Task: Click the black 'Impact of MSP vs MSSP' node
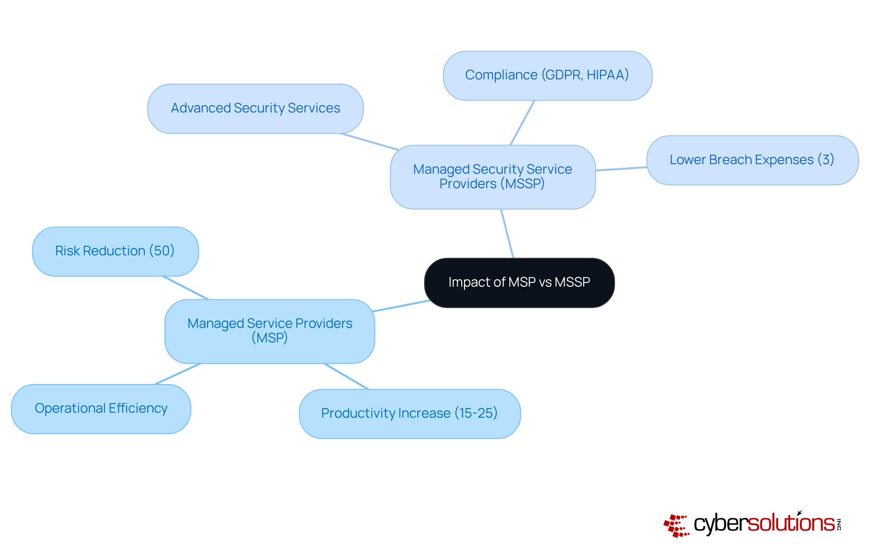click(x=519, y=283)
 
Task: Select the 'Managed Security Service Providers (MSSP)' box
click(x=493, y=177)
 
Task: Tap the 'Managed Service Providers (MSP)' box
click(x=270, y=331)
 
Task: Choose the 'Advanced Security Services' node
click(x=255, y=108)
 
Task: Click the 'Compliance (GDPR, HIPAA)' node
click(x=547, y=76)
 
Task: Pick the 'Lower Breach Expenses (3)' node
click(x=752, y=160)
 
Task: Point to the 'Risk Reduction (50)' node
click(x=115, y=251)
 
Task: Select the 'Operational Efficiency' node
click(x=101, y=409)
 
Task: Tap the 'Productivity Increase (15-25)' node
click(x=410, y=414)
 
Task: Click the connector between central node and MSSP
click(x=507, y=234)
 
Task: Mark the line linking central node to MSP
click(x=401, y=306)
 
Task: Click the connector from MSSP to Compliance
click(x=522, y=123)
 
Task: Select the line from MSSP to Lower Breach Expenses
click(x=621, y=169)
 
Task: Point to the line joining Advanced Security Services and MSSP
click(x=370, y=141)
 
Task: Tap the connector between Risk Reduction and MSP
click(x=186, y=288)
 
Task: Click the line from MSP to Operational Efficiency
click(x=178, y=374)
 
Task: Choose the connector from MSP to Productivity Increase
click(x=346, y=376)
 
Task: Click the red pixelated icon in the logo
click(x=676, y=526)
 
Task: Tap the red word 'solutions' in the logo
click(x=791, y=523)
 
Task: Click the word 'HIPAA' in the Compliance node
click(x=607, y=75)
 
